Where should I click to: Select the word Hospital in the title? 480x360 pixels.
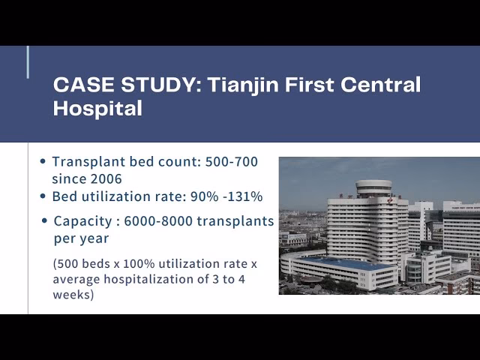pos(97,108)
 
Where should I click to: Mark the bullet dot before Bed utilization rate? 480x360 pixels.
pos(44,196)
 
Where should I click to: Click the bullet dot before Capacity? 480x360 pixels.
pos(46,221)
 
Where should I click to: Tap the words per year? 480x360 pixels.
pos(81,238)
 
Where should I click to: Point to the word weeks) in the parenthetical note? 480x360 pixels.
pos(72,295)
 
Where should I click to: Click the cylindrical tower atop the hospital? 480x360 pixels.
pos(373,187)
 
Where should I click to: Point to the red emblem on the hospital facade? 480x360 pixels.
pos(389,201)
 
